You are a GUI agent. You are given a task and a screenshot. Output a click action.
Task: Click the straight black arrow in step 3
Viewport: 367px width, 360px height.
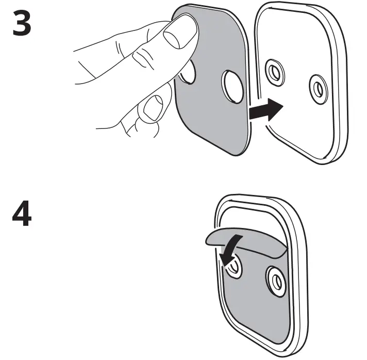(265, 110)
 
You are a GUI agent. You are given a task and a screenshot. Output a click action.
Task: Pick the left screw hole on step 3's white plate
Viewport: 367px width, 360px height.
(274, 72)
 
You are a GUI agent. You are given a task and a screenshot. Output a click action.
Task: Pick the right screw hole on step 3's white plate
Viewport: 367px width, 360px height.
(318, 89)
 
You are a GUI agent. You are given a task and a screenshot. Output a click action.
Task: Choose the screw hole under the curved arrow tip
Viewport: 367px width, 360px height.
(232, 266)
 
